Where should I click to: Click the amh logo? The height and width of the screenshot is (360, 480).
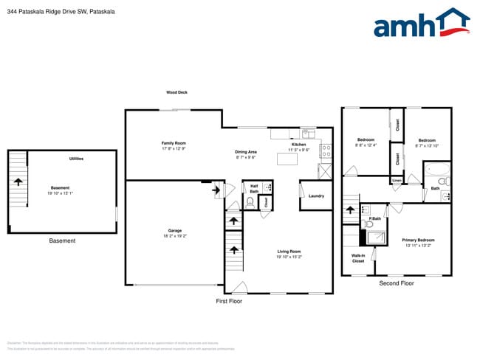tap(422, 24)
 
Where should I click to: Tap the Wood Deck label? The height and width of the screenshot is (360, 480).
tap(176, 92)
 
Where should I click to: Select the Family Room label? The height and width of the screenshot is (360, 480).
tap(174, 142)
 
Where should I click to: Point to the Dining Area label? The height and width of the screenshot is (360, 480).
tap(246, 151)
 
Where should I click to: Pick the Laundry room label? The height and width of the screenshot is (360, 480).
tap(316, 195)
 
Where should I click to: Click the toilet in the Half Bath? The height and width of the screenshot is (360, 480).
tap(250, 201)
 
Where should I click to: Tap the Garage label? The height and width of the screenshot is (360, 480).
tap(174, 231)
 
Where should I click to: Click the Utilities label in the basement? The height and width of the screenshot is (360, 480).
tap(76, 159)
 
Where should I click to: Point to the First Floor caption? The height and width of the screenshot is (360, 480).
tap(229, 301)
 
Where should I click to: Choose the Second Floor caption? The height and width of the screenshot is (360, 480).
tap(397, 283)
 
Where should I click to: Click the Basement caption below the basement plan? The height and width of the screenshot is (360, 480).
tap(62, 241)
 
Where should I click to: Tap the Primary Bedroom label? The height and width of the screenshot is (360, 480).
tap(418, 240)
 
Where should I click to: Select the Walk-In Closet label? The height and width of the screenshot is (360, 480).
tap(358, 258)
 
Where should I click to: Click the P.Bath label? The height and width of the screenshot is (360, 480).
tap(375, 218)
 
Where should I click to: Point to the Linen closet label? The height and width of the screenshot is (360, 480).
tap(397, 180)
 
